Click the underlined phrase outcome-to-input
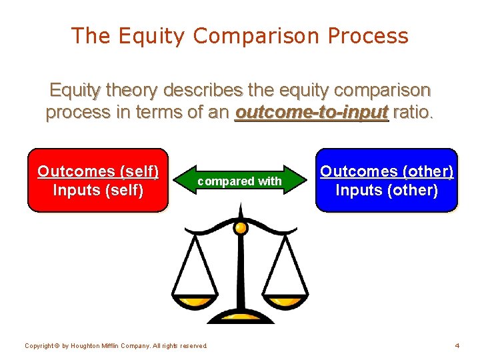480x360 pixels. (x=311, y=112)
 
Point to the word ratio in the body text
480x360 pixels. (x=413, y=112)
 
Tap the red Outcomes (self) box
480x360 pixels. (x=98, y=180)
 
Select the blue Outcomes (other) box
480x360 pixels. (x=387, y=180)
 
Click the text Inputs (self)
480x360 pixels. (x=98, y=191)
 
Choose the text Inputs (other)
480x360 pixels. (x=387, y=191)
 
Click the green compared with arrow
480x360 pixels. (x=240, y=181)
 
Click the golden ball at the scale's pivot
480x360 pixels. (x=241, y=228)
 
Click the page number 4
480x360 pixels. (x=457, y=346)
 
